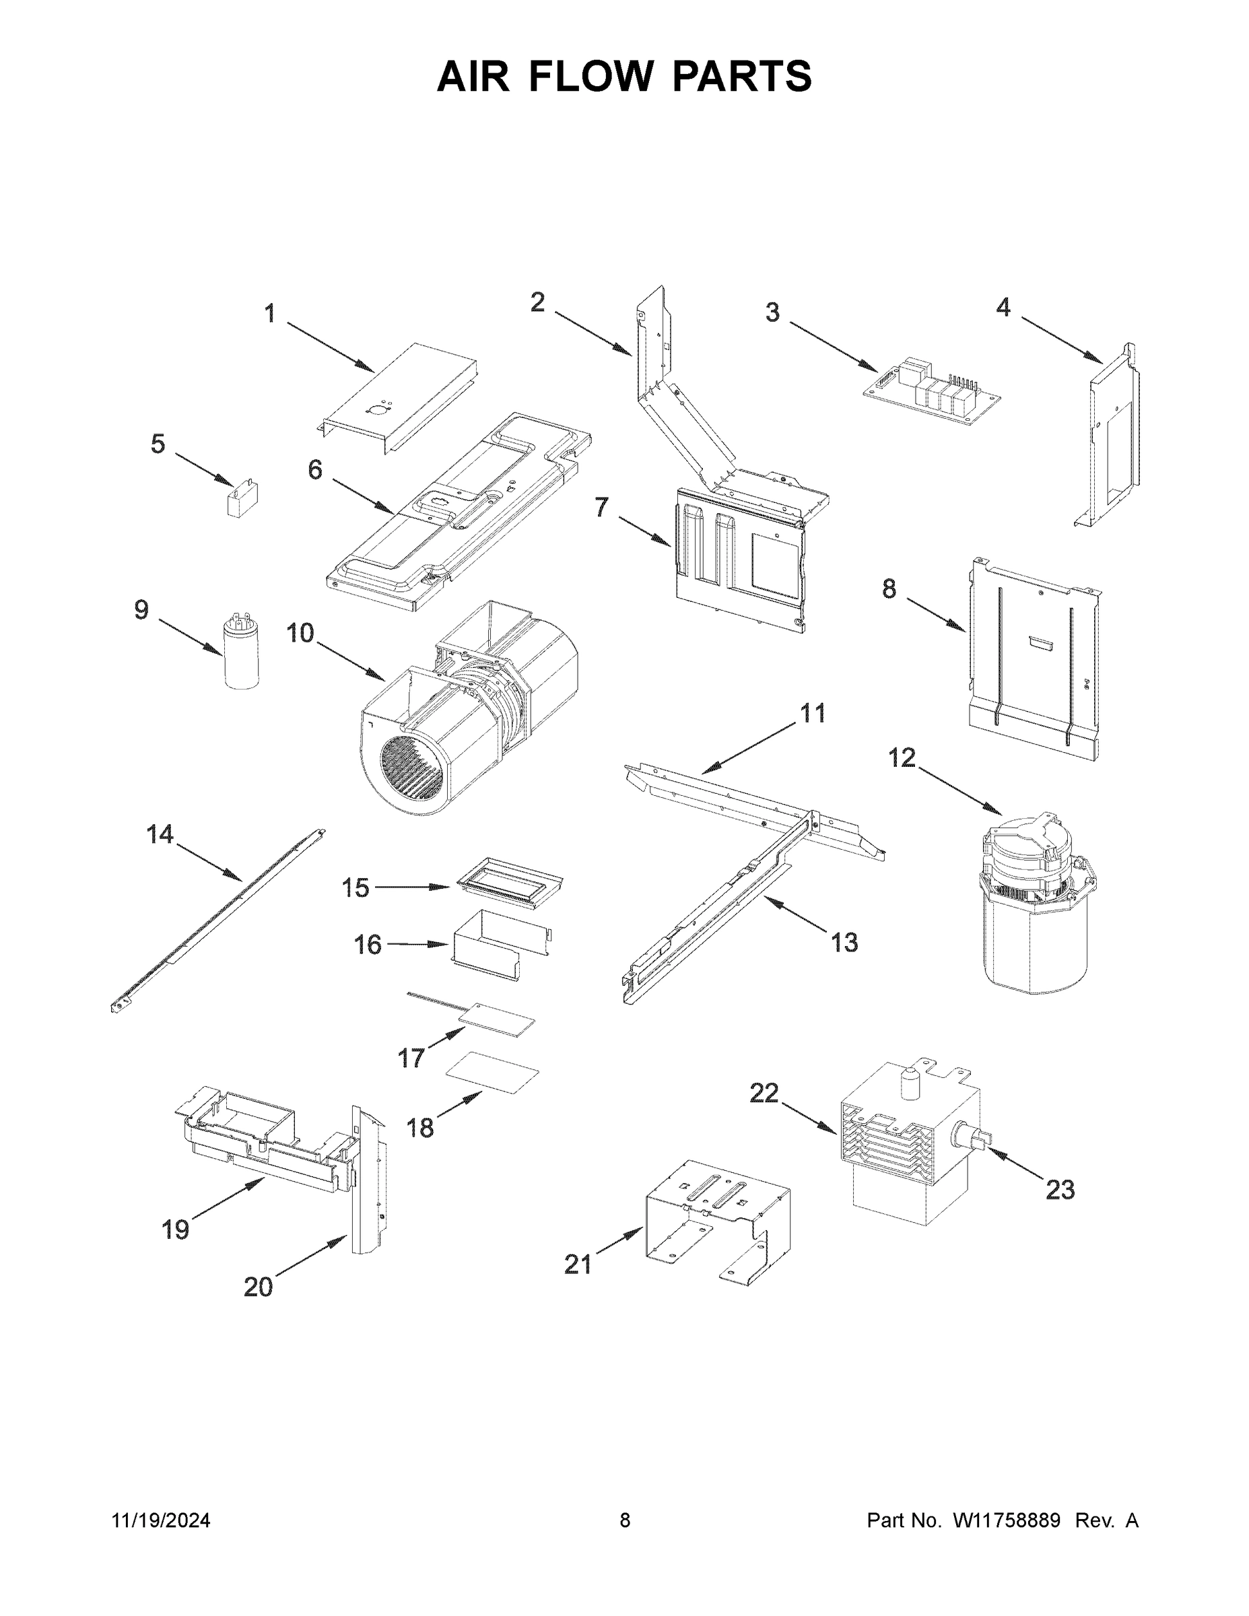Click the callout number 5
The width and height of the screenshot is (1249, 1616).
pos(158,444)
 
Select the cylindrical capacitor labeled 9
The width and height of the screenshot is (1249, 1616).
pos(242,656)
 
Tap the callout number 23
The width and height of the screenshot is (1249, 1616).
pos(1060,1190)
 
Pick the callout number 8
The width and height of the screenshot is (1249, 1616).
pos(889,589)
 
